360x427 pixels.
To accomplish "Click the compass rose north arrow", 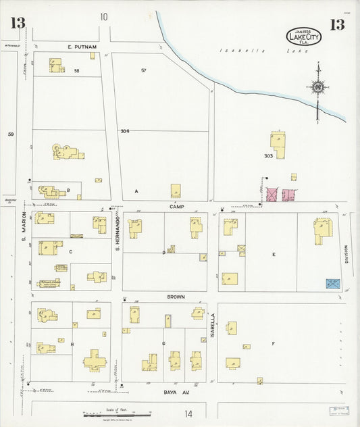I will [317, 86].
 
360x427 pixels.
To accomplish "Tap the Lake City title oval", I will [304, 36].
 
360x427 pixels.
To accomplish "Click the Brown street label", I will [176, 297].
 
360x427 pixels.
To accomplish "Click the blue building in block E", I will [333, 284].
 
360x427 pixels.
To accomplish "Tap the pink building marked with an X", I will [272, 195].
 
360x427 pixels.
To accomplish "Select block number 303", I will [267, 156].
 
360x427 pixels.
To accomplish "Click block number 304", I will [124, 131].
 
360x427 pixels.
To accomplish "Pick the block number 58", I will [76, 71].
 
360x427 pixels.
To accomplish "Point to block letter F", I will [273, 344].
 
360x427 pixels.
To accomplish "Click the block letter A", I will [136, 191].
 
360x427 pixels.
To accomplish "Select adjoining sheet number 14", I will [188, 413].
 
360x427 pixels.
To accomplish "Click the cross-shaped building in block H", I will [93, 360].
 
